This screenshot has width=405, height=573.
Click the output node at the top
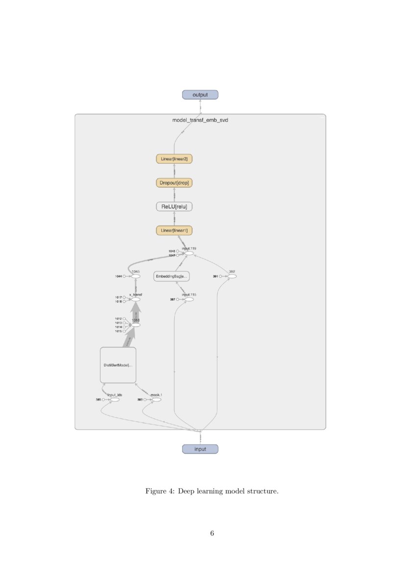[x=200, y=95]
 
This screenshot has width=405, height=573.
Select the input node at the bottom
[x=200, y=449]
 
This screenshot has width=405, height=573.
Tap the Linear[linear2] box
[x=174, y=159]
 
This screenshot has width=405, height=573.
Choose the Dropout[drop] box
[x=174, y=183]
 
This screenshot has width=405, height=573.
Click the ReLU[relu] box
[x=174, y=207]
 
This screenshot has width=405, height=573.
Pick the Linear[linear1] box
[x=174, y=230]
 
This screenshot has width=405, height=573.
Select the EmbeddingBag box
[x=171, y=276]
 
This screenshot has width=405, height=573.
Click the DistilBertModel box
[x=118, y=365]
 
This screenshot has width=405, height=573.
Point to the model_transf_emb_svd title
[x=200, y=120]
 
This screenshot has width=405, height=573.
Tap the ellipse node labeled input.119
[x=189, y=253]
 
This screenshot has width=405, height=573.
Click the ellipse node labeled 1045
[x=136, y=276]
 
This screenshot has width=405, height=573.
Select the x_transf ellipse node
[x=136, y=299]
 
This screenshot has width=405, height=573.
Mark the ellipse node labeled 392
[x=232, y=276]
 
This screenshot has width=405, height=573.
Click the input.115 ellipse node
[x=189, y=299]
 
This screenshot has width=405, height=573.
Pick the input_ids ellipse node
[x=115, y=399]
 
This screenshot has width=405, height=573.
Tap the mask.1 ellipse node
[x=156, y=399]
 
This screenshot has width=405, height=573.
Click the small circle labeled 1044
[x=125, y=276]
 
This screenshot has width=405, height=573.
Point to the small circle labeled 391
[x=221, y=276]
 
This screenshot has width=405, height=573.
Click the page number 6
[x=212, y=533]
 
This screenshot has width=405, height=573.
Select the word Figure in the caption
[x=156, y=491]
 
